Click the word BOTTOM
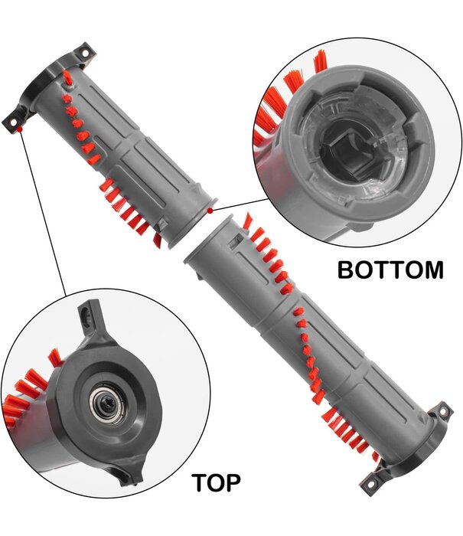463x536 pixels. pyautogui.click(x=390, y=270)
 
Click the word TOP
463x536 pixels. pyautogui.click(x=216, y=483)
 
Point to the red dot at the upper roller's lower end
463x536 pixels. pyautogui.click(x=210, y=208)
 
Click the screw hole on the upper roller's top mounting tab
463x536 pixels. pyautogui.click(x=85, y=54)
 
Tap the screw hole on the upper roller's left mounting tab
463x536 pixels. pyautogui.click(x=14, y=117)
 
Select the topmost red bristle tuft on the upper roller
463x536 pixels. pyautogui.click(x=67, y=77)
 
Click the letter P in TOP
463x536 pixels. pyautogui.click(x=233, y=483)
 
